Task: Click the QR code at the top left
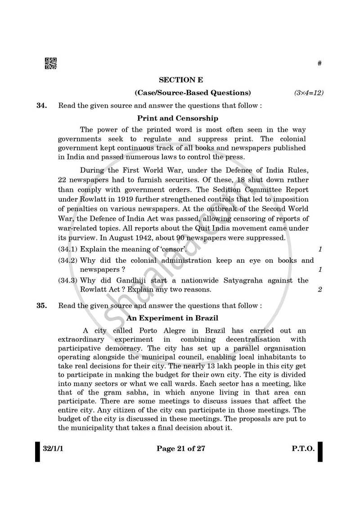[x=51, y=64]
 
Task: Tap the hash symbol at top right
[x=319, y=63]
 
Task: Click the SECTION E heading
[x=181, y=80]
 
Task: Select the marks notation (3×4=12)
[x=309, y=93]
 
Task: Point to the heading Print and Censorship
[x=178, y=118]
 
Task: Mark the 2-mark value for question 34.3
[x=320, y=290]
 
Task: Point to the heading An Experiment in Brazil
[x=172, y=318]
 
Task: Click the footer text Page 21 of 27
[x=180, y=449]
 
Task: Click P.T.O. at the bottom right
[x=301, y=449]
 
